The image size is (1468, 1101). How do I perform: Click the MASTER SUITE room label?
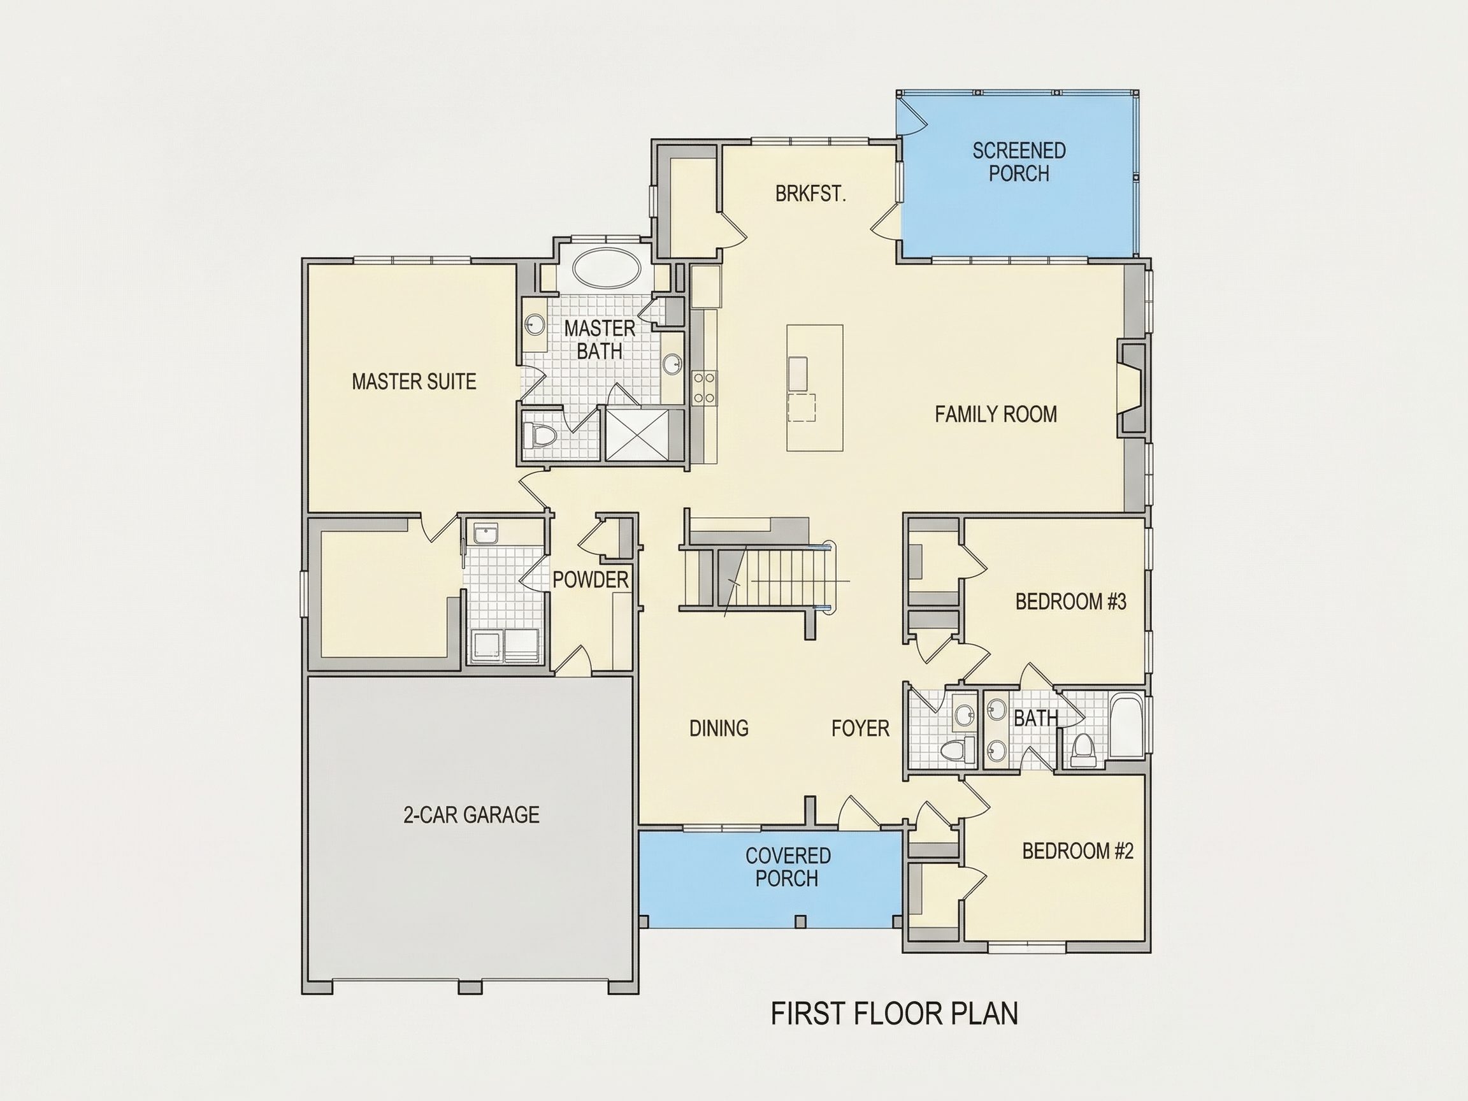pyautogui.click(x=414, y=382)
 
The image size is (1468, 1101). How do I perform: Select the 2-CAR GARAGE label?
pyautogui.click(x=471, y=814)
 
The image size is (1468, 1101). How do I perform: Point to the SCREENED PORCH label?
pyautogui.click(x=1019, y=162)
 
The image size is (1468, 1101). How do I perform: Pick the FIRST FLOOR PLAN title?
pyautogui.click(x=894, y=1014)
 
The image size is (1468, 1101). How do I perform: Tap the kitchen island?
pyautogui.click(x=815, y=387)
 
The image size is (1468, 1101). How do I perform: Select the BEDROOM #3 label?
pyautogui.click(x=1070, y=602)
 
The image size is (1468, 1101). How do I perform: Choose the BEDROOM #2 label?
pyautogui.click(x=1078, y=851)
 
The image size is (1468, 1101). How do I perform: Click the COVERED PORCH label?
pyautogui.click(x=788, y=867)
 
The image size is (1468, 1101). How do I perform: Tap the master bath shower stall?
pyautogui.click(x=638, y=435)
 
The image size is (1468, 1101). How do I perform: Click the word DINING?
pyautogui.click(x=719, y=728)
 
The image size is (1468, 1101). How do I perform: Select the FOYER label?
pyautogui.click(x=860, y=728)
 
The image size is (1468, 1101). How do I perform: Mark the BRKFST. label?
pyautogui.click(x=810, y=194)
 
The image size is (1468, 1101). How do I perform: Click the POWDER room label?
pyautogui.click(x=590, y=579)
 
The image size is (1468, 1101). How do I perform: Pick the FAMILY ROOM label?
pyautogui.click(x=995, y=414)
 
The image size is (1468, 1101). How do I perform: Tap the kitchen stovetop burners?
pyautogui.click(x=704, y=387)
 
